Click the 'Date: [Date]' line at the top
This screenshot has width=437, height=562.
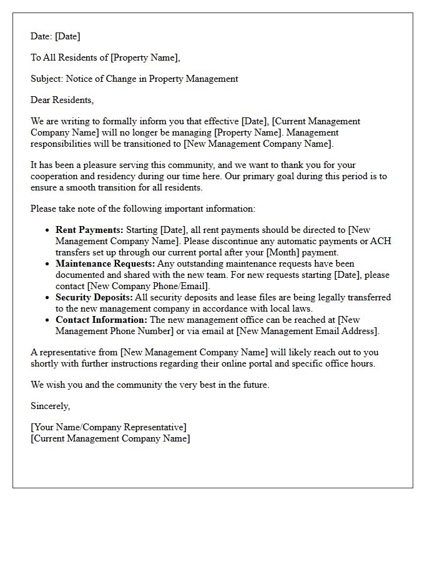click(56, 37)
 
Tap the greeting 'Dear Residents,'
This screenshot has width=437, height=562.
click(62, 100)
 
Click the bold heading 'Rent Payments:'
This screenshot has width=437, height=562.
click(89, 230)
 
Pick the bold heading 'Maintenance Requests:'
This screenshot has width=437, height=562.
click(105, 264)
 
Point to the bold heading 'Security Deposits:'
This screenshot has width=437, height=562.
click(94, 297)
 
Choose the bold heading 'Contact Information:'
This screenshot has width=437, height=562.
click(101, 320)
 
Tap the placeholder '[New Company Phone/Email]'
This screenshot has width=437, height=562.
click(148, 287)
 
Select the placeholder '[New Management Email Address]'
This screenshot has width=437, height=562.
click(308, 331)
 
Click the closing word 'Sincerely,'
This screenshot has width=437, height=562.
click(51, 407)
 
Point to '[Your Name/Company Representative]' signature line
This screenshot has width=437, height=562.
click(109, 428)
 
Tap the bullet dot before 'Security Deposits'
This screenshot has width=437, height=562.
click(48, 298)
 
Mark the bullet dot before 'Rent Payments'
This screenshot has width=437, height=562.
click(48, 230)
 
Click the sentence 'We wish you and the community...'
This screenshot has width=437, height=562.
click(150, 385)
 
